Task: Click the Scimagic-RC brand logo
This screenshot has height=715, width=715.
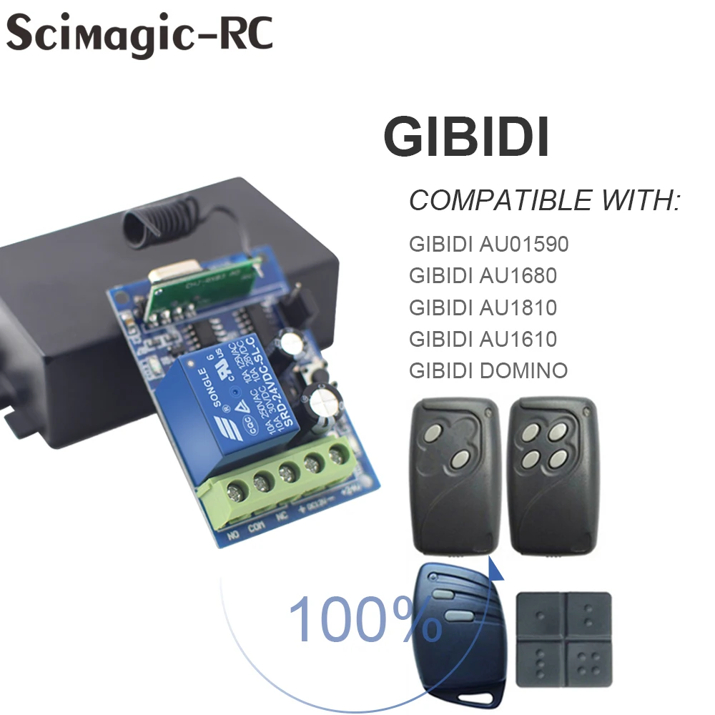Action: coord(140,34)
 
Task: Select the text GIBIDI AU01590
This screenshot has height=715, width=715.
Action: coord(488,245)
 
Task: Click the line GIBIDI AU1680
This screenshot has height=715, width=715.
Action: coord(483,276)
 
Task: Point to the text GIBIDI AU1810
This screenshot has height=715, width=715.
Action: coord(483,307)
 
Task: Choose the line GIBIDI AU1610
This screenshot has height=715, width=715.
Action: coord(483,339)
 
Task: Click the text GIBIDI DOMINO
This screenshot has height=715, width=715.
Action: coord(488,370)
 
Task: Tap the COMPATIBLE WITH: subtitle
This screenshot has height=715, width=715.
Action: coord(543,201)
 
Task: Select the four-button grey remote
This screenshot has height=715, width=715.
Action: coord(553,479)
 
